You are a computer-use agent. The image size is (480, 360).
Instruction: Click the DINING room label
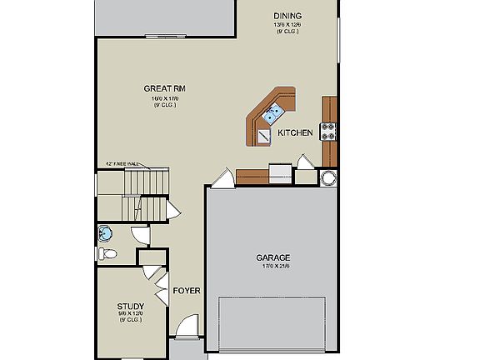[287, 16]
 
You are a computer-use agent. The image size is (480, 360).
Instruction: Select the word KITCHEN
[295, 132]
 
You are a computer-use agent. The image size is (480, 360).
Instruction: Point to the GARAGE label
[272, 257]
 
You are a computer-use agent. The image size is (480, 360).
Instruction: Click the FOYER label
[186, 291]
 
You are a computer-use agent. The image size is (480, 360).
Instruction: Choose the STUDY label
[130, 306]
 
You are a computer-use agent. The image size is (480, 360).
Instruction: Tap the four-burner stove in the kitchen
[329, 131]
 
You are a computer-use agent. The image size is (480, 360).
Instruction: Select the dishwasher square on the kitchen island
[262, 136]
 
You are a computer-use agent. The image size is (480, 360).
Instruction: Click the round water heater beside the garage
[328, 177]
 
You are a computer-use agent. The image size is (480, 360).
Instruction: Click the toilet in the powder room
[108, 254]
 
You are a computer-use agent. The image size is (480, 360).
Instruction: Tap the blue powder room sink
[105, 232]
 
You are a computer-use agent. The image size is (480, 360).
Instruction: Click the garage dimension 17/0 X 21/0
[272, 266]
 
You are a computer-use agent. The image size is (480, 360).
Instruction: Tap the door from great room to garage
[222, 177]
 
